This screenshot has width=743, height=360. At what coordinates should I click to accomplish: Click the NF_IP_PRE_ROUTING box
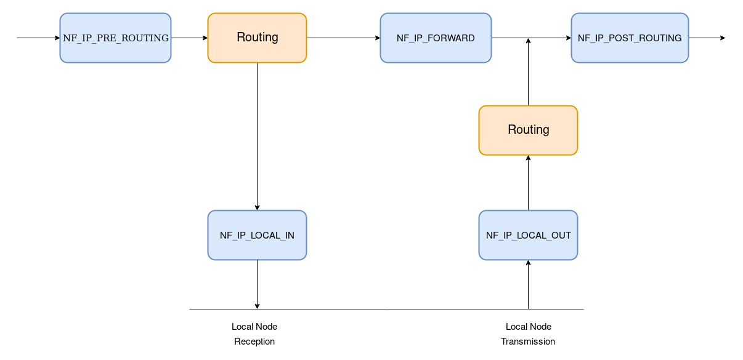[115, 38]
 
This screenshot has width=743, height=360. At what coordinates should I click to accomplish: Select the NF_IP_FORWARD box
[436, 38]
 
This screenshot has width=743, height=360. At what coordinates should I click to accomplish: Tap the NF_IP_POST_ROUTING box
[630, 38]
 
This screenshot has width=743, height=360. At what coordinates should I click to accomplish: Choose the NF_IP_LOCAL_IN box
[257, 235]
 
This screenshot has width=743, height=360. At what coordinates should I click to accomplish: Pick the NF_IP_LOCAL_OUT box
[528, 235]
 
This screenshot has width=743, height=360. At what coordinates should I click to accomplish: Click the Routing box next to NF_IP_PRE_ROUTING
[257, 38]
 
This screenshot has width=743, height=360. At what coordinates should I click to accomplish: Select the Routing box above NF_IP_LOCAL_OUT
[528, 130]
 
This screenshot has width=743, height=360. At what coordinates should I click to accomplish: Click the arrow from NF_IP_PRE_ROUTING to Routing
[189, 38]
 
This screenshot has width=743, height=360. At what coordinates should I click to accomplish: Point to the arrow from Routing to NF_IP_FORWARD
[343, 38]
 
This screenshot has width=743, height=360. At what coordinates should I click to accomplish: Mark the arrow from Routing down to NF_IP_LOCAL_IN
[257, 136]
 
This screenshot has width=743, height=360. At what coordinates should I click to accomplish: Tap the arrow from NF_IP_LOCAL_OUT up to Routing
[528, 182]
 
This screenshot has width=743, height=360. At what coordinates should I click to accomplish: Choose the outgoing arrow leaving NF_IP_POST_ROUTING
[707, 38]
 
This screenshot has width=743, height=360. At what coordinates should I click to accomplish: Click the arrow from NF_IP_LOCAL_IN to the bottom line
[257, 284]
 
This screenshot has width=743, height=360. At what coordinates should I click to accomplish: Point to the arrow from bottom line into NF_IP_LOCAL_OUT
[528, 284]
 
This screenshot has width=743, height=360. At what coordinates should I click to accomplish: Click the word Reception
[254, 342]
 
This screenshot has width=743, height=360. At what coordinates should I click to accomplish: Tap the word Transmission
[528, 342]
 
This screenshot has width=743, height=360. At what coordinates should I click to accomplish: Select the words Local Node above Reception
[254, 327]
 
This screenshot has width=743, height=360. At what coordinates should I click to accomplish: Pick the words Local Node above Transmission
[528, 327]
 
